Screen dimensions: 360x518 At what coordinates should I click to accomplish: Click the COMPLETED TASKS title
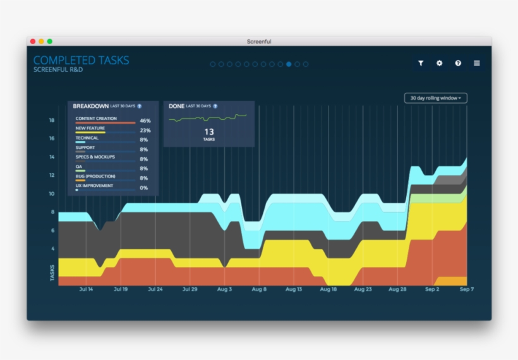[x=81, y=61]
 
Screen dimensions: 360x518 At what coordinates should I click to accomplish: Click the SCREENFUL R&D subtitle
[x=58, y=69]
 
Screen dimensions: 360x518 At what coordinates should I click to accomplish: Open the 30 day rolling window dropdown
[x=435, y=98]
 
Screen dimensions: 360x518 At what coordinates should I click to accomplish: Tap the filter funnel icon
[x=421, y=63]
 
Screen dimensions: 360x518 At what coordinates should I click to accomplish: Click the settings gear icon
[x=440, y=63]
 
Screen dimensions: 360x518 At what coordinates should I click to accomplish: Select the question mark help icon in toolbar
[x=458, y=63]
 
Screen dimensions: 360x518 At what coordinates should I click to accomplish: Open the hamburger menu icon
[x=477, y=63]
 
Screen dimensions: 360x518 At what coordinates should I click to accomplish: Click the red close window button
[x=33, y=41]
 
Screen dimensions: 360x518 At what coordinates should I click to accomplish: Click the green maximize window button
[x=50, y=41]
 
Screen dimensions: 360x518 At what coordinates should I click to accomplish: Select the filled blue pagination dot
[x=289, y=64]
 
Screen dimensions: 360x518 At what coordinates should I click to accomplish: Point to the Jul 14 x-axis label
[x=86, y=289]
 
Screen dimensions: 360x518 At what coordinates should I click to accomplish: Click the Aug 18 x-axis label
[x=328, y=289]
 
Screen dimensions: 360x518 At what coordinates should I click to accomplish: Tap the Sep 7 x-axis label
[x=466, y=289]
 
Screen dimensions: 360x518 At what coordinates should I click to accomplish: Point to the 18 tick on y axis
[x=52, y=120]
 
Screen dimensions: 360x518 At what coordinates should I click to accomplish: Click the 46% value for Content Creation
[x=145, y=121]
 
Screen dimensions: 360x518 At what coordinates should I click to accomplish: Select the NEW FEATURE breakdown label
[x=90, y=128]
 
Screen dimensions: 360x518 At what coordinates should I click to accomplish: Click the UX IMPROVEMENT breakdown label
[x=95, y=186]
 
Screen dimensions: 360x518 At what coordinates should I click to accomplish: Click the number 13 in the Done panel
[x=209, y=132]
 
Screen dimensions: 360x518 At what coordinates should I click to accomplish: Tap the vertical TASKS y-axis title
[x=52, y=272]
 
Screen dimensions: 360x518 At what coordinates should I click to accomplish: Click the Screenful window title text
[x=259, y=42]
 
